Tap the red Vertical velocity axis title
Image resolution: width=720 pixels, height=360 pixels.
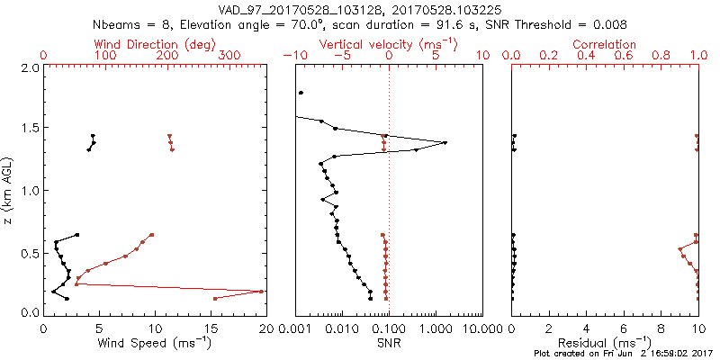tap(389, 44)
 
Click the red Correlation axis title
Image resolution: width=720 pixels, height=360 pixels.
tap(605, 44)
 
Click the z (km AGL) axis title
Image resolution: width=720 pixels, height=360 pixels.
tap(8, 190)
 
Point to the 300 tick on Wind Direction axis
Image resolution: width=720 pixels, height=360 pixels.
tap(229, 56)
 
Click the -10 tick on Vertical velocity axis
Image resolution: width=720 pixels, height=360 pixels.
tap(294, 56)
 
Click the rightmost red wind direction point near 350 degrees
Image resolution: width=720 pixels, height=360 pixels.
tap(261, 292)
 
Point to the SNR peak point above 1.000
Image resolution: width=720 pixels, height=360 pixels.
tap(445, 142)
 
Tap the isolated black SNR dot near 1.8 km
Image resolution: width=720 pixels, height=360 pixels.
tap(301, 93)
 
